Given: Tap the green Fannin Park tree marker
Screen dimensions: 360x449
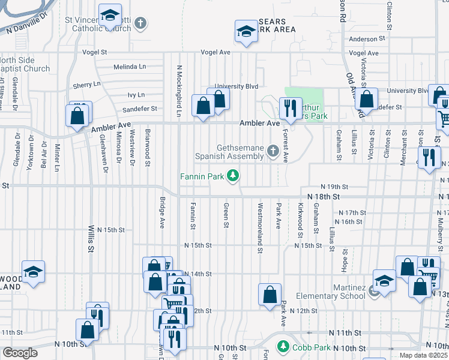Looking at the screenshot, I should [234, 176].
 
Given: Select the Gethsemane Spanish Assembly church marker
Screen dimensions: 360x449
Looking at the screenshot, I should [274, 151].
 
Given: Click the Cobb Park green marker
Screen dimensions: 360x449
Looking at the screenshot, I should [282, 347].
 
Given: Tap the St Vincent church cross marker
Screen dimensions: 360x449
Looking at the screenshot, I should [140, 23].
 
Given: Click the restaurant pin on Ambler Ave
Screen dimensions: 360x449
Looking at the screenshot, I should [290, 108].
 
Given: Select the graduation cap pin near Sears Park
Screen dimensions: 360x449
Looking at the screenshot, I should [246, 31].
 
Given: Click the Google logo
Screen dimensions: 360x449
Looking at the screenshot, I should [20, 353].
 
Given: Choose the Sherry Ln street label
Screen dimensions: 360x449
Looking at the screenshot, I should [86, 86].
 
